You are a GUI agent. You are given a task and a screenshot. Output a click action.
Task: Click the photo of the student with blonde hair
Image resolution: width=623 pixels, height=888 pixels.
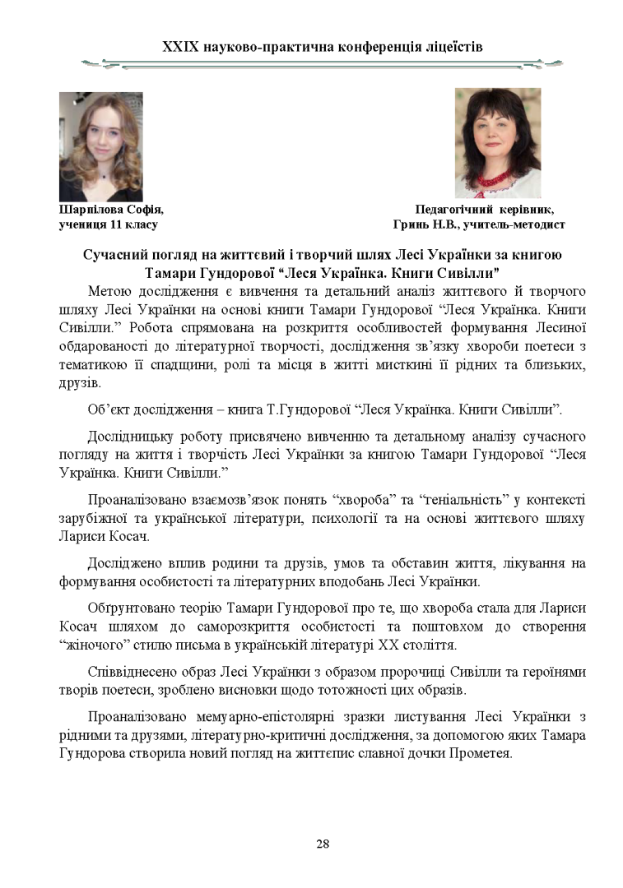(100, 146)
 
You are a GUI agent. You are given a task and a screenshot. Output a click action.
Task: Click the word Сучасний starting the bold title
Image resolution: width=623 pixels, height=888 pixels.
(113, 254)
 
